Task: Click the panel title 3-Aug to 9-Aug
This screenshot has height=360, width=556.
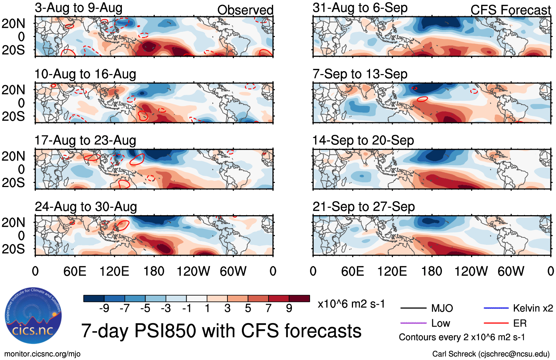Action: tap(79, 8)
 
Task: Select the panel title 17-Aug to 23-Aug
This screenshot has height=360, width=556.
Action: tap(85, 141)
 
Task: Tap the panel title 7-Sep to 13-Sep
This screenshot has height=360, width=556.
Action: tap(360, 74)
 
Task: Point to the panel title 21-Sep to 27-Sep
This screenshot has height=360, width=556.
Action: tap(363, 207)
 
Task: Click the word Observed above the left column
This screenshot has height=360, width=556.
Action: tap(245, 10)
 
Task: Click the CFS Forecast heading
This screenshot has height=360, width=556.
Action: tap(510, 10)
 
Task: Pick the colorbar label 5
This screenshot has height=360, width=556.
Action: tap(248, 308)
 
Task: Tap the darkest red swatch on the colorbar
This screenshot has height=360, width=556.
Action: tap(299, 299)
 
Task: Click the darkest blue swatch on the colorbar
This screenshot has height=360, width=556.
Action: tap(94, 299)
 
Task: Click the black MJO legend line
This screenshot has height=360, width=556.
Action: tap(413, 308)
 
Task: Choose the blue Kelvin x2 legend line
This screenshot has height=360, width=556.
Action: tap(496, 308)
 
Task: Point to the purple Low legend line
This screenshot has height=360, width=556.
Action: tap(413, 323)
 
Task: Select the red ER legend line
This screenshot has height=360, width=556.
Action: tap(496, 323)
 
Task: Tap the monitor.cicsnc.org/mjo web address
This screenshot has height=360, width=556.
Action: tap(42, 354)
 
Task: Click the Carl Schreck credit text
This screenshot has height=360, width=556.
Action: tap(491, 354)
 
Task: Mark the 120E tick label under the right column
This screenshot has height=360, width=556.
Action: tap(392, 271)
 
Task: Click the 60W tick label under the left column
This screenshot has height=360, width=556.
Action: tap(233, 271)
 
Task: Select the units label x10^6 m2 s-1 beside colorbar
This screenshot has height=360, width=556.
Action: tap(351, 304)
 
